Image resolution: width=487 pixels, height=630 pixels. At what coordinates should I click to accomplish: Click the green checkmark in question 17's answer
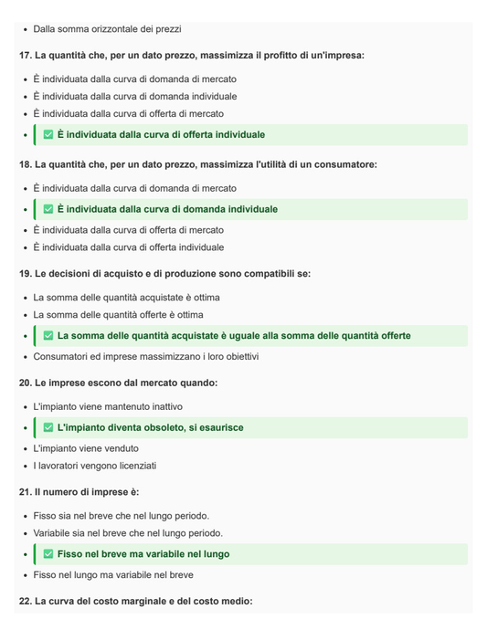coord(48,135)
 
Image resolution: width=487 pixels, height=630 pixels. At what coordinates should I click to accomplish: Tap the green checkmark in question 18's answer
coord(48,209)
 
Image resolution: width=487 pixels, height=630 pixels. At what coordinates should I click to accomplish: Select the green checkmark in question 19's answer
coord(48,336)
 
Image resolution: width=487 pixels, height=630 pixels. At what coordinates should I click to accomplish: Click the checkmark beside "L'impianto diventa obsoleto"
coord(48,427)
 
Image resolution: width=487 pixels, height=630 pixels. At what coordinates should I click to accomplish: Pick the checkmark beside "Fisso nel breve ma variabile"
coord(48,554)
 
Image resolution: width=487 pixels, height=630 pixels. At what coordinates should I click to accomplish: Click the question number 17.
coord(25,56)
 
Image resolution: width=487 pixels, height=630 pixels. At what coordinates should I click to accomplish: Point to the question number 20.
coord(25,383)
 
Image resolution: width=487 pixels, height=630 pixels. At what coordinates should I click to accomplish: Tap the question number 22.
coord(25,601)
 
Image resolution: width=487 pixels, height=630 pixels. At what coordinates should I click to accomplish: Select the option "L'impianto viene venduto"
coord(86,448)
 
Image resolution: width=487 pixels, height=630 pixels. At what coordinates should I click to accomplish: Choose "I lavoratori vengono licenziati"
coord(95,466)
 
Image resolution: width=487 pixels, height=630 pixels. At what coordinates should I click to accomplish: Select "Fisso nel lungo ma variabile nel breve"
coord(113,575)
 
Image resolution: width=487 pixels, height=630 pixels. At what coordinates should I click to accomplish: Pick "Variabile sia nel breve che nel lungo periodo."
coord(128,533)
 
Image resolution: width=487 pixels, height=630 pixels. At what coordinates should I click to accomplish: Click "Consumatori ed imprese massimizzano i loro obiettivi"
coord(146,356)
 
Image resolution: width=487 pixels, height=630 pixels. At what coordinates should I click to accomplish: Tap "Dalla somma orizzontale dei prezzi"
coord(107,29)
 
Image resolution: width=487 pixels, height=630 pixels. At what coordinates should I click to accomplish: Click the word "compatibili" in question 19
coord(241,274)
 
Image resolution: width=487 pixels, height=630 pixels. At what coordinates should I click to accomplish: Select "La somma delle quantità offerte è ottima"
coord(119,315)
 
